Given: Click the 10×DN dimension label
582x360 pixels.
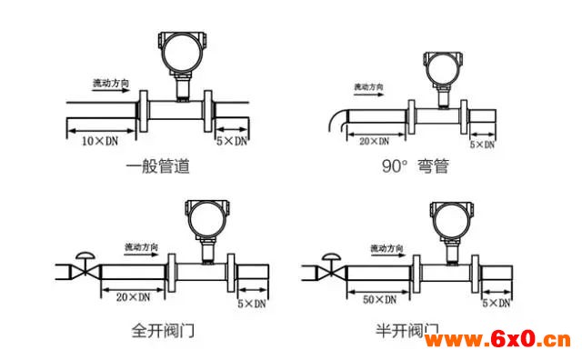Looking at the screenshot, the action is click(99, 142).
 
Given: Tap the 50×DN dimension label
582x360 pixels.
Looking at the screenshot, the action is click(379, 299).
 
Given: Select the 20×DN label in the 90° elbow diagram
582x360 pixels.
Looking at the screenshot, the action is click(374, 142).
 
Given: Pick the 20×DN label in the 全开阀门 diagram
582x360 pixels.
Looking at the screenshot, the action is click(134, 297).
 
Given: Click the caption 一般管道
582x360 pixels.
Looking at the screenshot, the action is click(158, 166).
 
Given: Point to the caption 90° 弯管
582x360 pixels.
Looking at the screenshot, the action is click(416, 165).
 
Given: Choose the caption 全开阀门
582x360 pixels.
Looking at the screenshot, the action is click(163, 330).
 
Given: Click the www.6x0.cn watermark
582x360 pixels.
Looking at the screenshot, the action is click(497, 340).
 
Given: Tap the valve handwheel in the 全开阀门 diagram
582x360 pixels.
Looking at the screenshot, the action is click(85, 255).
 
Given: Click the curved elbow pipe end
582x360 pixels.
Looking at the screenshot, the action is click(337, 119).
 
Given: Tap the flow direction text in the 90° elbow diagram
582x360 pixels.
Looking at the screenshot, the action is click(368, 87).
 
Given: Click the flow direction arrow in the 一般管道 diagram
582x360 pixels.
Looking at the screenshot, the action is click(110, 90).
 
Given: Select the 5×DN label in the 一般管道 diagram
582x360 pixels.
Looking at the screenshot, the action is click(232, 141).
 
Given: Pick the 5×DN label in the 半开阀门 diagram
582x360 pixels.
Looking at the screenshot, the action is click(497, 304).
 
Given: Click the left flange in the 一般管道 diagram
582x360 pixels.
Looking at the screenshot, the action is click(143, 111).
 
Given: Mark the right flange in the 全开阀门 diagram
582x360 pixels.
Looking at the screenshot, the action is click(231, 273).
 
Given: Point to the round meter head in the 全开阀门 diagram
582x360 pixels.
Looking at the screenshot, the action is click(207, 219).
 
